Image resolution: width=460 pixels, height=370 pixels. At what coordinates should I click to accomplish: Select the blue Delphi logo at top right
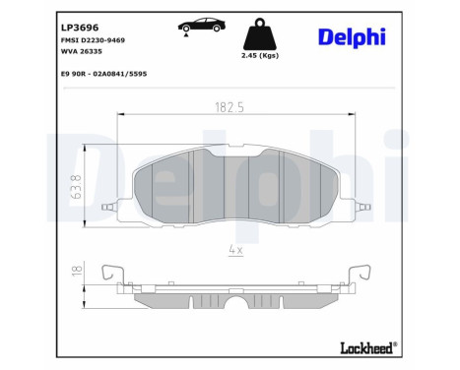point(352,36)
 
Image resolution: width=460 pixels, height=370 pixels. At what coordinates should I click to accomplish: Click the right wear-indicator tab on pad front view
point(363,208)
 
